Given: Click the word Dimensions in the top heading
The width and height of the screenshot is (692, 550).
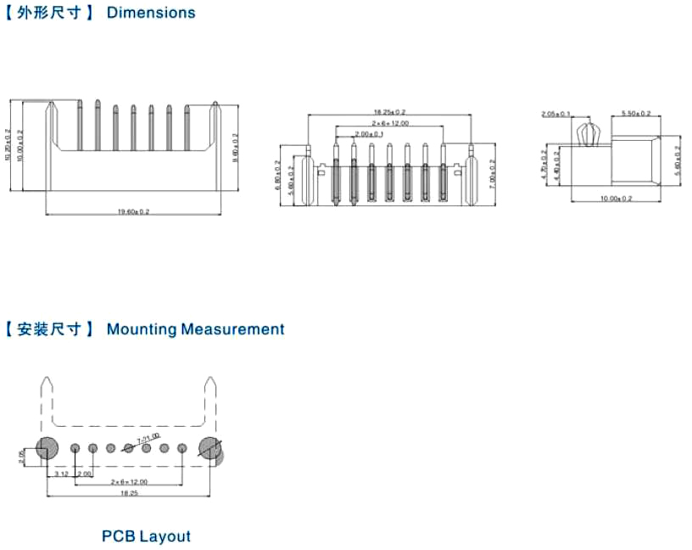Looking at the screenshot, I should click(x=151, y=13).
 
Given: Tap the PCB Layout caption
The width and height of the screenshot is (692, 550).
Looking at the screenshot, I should click(x=146, y=536).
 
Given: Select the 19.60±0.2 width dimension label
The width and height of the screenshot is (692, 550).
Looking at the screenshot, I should click(x=134, y=211).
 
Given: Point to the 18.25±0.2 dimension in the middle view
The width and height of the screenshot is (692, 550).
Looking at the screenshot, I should click(x=390, y=112).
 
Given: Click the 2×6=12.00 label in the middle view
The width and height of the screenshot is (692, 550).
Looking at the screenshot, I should click(x=389, y=123).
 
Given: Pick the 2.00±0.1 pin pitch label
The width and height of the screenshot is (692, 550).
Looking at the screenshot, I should click(x=369, y=134).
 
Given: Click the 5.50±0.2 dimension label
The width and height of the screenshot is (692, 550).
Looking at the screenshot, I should click(x=636, y=113).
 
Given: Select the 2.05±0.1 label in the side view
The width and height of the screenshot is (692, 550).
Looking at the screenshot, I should click(x=555, y=113).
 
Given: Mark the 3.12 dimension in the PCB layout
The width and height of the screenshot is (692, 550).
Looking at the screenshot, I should click(x=61, y=474).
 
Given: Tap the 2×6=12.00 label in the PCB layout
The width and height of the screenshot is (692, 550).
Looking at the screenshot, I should click(x=129, y=482).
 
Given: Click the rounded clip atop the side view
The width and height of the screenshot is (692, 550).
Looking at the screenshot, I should click(x=587, y=134).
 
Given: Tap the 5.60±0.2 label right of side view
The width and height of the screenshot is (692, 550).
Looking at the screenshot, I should click(x=677, y=160).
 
